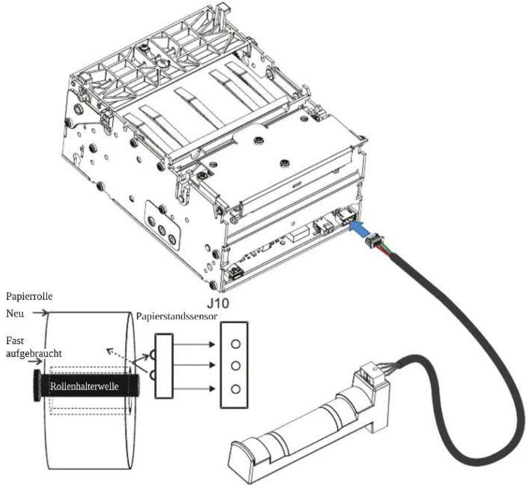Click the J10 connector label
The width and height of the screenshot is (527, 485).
point(218,303)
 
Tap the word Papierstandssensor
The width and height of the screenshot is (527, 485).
point(177,317)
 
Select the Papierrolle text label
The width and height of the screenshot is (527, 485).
point(29,297)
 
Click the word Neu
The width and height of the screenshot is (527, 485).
point(15,313)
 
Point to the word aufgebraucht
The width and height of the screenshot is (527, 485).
point(34,354)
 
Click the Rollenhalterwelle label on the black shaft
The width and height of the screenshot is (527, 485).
point(84,386)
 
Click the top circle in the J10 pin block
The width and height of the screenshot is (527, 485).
point(236,344)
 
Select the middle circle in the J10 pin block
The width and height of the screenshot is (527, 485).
point(236,365)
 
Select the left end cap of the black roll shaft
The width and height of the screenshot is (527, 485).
point(37,385)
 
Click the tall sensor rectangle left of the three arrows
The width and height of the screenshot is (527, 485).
point(164,366)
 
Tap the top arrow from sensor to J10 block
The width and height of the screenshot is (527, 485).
point(194,344)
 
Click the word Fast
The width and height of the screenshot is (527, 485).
point(15,341)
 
